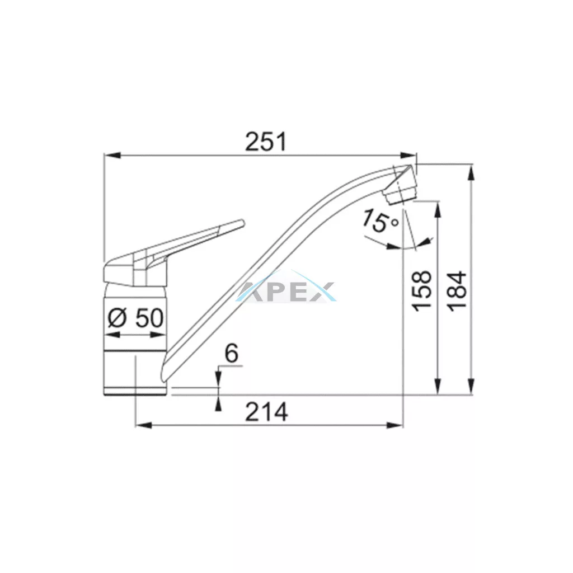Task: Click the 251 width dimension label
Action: point(266,142)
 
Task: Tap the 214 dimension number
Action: point(266,412)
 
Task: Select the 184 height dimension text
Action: point(457,291)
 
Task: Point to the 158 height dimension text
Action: point(422,291)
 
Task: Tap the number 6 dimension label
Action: point(231,354)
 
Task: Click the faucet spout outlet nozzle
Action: point(401,194)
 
